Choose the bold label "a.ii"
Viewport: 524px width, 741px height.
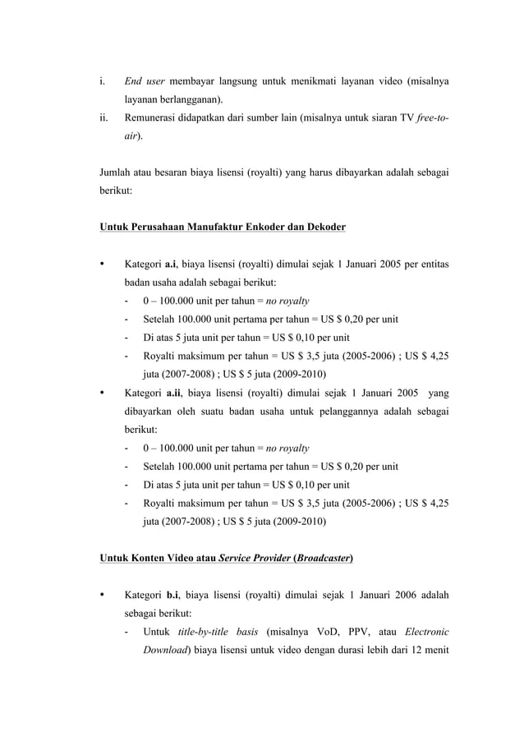click(173, 393)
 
